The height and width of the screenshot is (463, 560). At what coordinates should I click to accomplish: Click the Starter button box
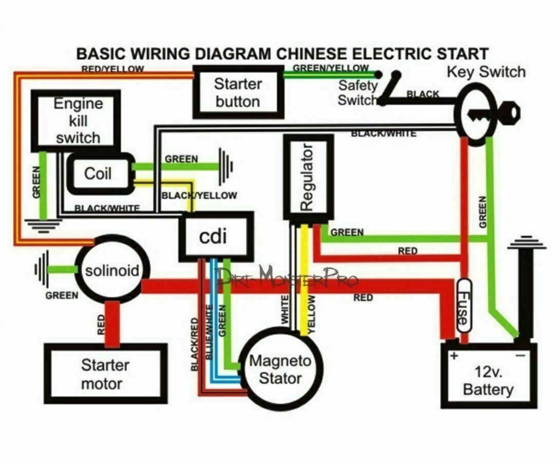238,92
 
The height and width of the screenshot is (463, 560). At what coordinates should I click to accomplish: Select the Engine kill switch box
76,121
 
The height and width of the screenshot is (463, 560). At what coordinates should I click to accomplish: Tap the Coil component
98,173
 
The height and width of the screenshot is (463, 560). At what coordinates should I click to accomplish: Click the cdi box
216,237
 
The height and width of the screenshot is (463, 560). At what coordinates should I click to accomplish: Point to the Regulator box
307,177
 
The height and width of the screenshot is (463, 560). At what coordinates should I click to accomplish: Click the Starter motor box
105,374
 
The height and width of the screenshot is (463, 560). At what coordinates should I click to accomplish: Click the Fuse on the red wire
462,311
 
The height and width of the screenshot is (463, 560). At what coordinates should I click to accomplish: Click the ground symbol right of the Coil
225,166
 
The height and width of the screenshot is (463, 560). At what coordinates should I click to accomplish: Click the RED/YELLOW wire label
112,69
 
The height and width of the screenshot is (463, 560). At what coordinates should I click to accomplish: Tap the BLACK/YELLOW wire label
199,196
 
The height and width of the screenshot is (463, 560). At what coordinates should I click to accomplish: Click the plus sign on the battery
453,356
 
